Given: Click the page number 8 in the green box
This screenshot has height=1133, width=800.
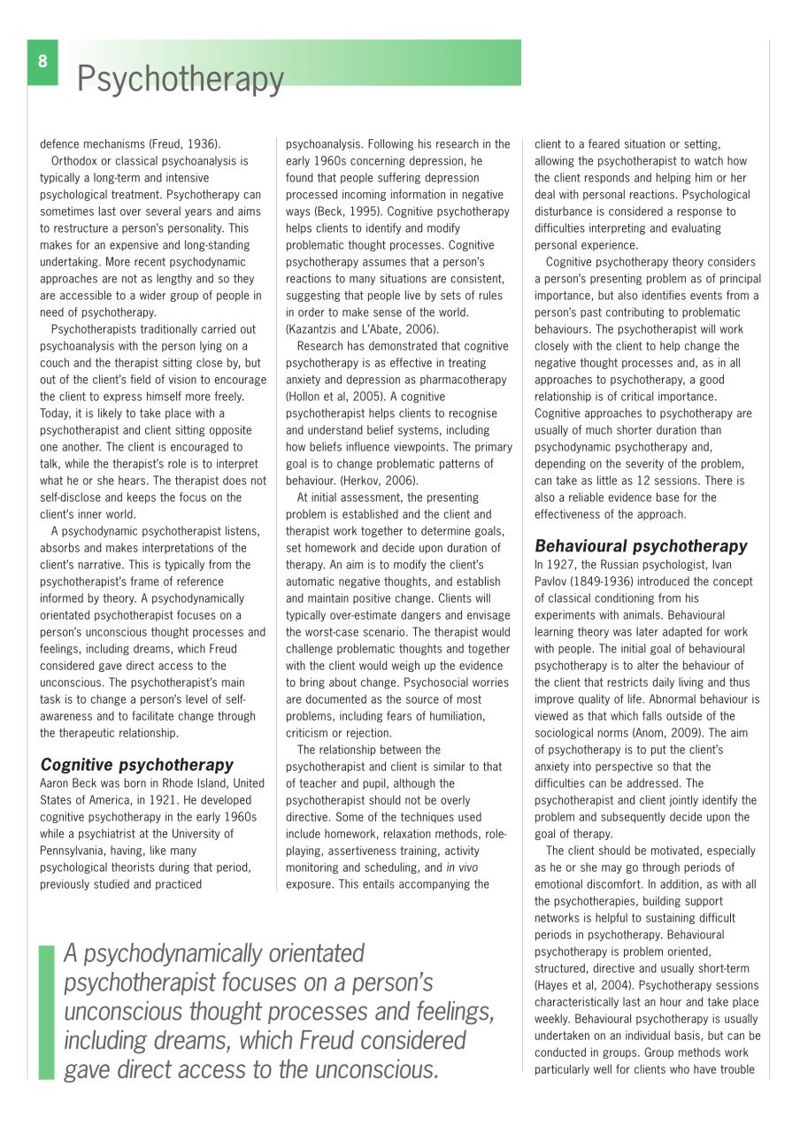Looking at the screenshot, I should coord(42,61).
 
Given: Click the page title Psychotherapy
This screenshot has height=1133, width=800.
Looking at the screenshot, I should coord(180,80).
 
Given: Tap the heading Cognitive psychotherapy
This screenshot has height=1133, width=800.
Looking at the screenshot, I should coord(136,764).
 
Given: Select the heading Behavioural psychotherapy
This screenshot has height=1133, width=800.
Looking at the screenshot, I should coord(641,546).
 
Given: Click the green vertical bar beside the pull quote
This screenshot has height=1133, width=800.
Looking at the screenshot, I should coord(46,1012).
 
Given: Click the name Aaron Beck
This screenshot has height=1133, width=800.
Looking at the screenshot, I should coord(71,782).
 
